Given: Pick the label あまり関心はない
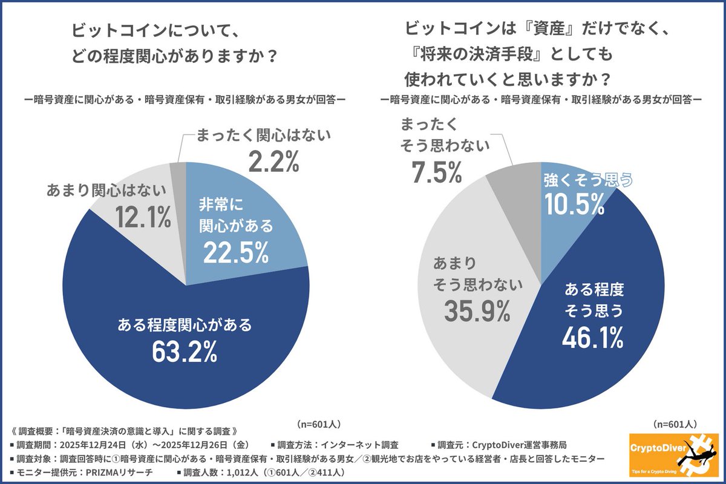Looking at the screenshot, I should (106, 191).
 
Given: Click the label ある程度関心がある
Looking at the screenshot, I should (186, 325).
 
